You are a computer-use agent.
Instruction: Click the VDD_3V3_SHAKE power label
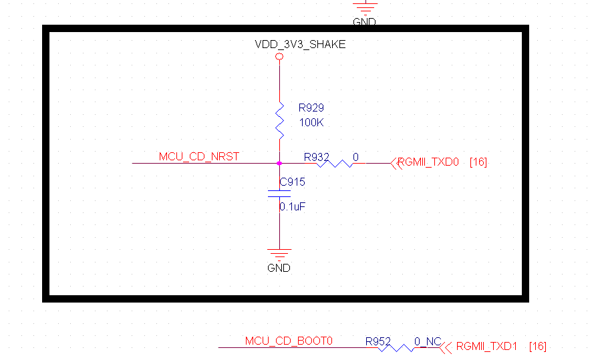(x=300, y=45)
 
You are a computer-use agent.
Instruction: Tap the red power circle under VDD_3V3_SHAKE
(x=279, y=57)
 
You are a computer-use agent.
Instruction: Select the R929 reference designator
(x=311, y=107)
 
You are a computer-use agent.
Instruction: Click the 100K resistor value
(x=311, y=123)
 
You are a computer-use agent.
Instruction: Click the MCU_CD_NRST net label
(x=198, y=157)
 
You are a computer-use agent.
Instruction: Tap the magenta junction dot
(x=279, y=163)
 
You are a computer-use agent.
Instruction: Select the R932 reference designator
(x=317, y=157)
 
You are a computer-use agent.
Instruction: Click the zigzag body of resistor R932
(x=336, y=163)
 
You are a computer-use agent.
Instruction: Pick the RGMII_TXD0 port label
(x=428, y=162)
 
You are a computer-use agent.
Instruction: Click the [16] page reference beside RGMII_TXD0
(x=478, y=162)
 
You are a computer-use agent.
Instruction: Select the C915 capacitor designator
(x=293, y=182)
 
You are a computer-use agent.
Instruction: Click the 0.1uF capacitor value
(x=293, y=207)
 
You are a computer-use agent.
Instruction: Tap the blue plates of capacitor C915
(x=279, y=194)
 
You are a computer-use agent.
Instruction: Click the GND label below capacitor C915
(x=279, y=268)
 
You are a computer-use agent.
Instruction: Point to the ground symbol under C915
(x=279, y=254)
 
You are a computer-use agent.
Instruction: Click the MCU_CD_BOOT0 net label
(x=289, y=341)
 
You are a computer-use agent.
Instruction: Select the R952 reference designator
(x=378, y=341)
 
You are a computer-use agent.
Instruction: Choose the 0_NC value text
(x=428, y=341)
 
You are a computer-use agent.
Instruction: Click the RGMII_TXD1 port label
(x=487, y=347)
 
